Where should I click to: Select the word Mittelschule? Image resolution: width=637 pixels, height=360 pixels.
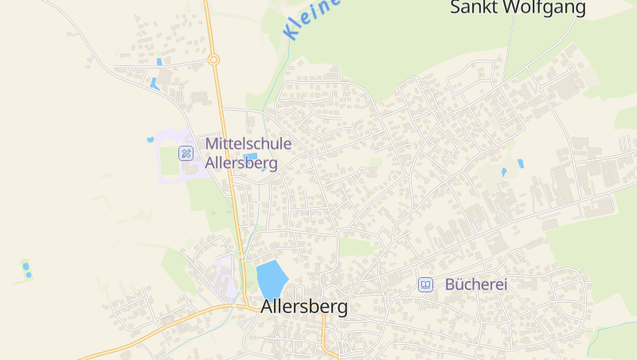point(248,144)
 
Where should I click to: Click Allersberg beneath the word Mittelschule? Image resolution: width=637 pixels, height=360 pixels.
point(241,163)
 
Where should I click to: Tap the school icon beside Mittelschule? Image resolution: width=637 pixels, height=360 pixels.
point(186,153)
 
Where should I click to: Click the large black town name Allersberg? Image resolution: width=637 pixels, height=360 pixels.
point(304,307)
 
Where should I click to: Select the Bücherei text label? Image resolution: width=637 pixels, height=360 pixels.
point(476,284)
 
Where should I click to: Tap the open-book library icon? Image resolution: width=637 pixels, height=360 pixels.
point(426,284)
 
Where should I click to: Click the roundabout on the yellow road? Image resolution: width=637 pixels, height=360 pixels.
point(213,59)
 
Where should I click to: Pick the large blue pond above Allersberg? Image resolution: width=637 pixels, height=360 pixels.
point(272,278)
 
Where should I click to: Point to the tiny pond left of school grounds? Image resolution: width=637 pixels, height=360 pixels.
point(150,139)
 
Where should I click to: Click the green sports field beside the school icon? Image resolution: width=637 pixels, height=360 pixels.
point(170,160)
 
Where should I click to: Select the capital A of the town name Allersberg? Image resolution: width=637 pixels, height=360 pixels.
point(267,307)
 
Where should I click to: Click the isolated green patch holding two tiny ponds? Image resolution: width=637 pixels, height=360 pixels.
point(27,270)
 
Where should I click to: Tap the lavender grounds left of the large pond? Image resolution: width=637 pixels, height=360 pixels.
point(225,271)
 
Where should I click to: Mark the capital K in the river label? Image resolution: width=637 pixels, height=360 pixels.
point(291,33)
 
